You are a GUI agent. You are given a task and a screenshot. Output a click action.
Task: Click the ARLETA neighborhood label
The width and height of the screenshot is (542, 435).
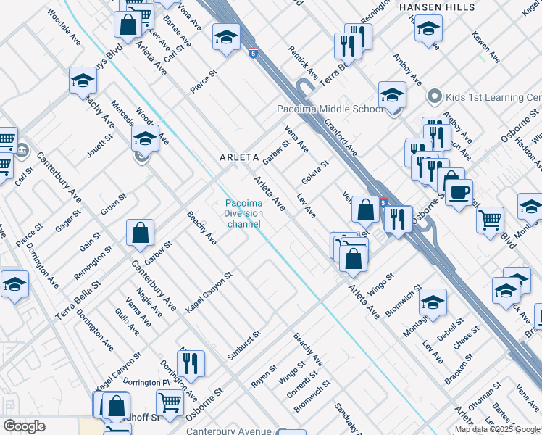click(239, 157)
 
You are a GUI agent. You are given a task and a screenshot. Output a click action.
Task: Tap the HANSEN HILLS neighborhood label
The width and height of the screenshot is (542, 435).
click(437, 7)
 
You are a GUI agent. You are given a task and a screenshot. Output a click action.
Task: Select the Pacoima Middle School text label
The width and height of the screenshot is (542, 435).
click(330, 109)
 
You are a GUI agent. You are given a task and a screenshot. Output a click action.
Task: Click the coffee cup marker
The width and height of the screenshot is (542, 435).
click(459, 193)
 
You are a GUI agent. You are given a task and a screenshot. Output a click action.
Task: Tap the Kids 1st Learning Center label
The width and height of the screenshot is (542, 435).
click(485, 97)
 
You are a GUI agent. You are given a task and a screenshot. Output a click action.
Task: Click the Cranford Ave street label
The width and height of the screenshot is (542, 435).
click(341, 137)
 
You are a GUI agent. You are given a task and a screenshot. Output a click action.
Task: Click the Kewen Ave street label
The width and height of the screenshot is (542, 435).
click(485, 46)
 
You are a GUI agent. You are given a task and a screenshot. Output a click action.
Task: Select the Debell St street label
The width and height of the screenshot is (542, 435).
click(450, 331)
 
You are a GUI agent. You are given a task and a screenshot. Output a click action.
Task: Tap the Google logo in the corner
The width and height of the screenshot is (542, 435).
click(24, 426)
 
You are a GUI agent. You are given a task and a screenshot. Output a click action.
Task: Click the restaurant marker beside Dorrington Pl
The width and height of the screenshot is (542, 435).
click(191, 363)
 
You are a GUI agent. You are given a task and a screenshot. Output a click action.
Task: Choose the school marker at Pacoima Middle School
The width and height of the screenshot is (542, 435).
click(392, 96)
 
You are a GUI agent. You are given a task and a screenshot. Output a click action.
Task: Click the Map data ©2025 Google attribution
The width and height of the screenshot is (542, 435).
click(497, 429)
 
